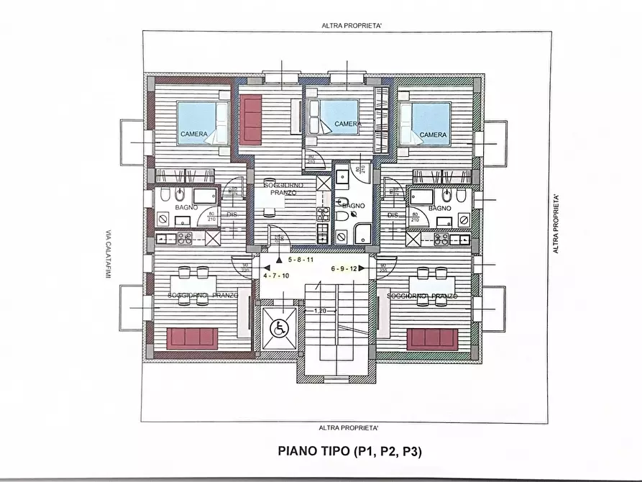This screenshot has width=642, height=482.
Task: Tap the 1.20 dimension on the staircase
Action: (321, 311)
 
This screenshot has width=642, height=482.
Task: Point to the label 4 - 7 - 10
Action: (276, 276)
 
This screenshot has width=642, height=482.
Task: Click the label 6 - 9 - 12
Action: (344, 268)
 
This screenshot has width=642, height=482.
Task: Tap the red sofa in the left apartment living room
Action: (192, 337)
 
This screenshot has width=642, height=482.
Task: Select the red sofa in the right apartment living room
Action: (431, 338)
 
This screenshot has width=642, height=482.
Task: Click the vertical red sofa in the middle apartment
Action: (251, 119)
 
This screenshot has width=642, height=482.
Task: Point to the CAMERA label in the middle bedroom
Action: (348, 124)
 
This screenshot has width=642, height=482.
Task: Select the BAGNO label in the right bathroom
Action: (439, 207)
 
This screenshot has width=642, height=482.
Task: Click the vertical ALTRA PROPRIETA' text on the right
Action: (556, 223)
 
